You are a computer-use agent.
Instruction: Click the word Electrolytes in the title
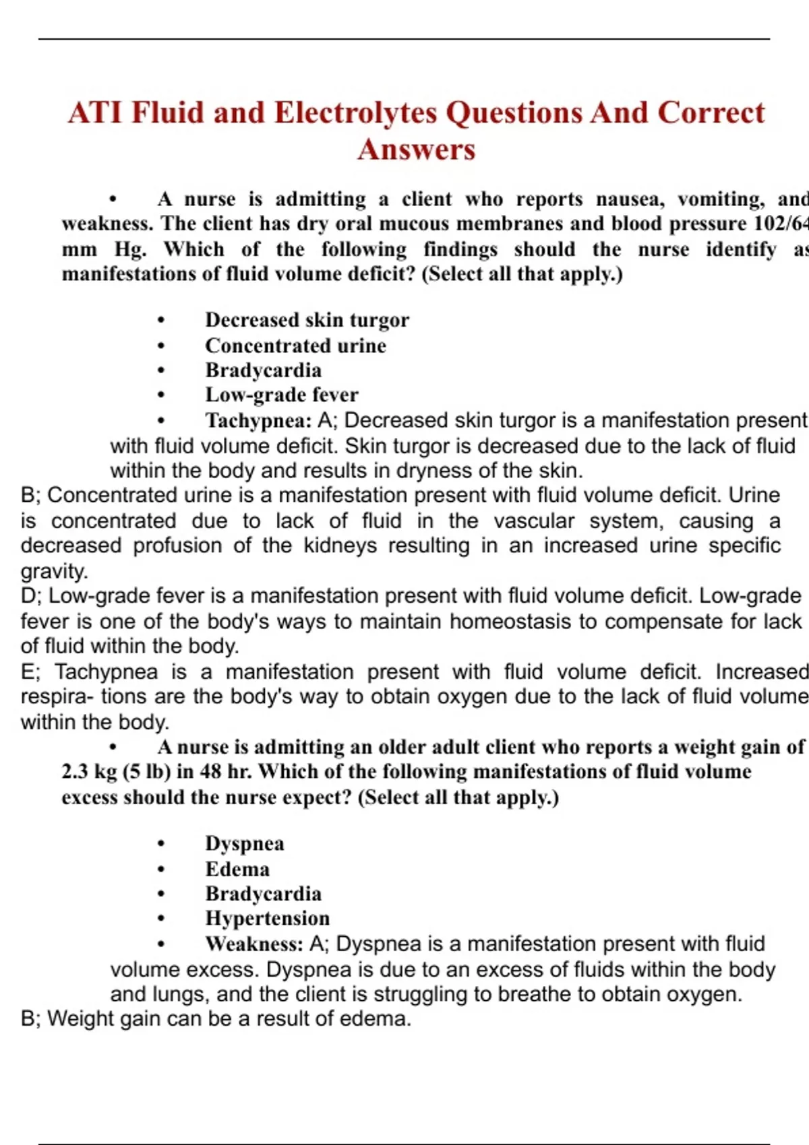[x=355, y=112]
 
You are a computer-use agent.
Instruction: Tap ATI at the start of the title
[x=94, y=112]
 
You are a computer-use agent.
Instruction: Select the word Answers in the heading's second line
[x=416, y=150]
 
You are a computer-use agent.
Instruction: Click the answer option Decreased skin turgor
[x=307, y=320]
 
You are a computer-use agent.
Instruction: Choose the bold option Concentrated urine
[x=295, y=346]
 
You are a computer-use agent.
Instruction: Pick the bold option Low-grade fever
[x=281, y=395]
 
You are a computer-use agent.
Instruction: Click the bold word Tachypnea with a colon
[x=258, y=420]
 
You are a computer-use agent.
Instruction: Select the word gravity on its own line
[x=54, y=571]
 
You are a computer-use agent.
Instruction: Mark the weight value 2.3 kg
[x=89, y=772]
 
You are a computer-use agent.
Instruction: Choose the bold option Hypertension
[x=267, y=919]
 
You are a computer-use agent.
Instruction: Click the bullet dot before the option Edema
[x=160, y=870]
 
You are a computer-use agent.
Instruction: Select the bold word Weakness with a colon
[x=254, y=944]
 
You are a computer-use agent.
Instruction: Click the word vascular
[x=533, y=521]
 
